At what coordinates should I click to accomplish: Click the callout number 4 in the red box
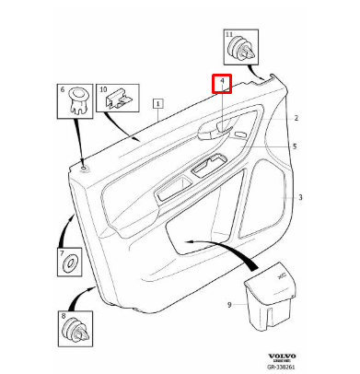pyautogui.click(x=221, y=84)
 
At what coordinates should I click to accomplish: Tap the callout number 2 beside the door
pyautogui.click(x=296, y=119)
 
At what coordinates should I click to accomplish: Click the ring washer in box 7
pyautogui.click(x=70, y=266)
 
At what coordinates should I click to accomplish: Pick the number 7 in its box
pyautogui.click(x=63, y=252)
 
